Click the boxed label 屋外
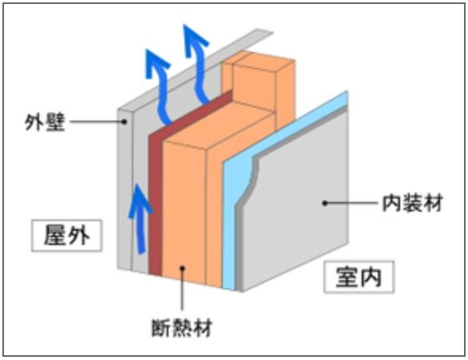pos(66,235)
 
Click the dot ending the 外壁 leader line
pos(125,122)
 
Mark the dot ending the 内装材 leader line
pos(324,203)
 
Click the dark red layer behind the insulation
pos(155,200)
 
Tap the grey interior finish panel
pos(295,216)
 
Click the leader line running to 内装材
pos(351,203)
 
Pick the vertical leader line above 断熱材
pos(182,291)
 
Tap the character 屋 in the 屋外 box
pos(54,235)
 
